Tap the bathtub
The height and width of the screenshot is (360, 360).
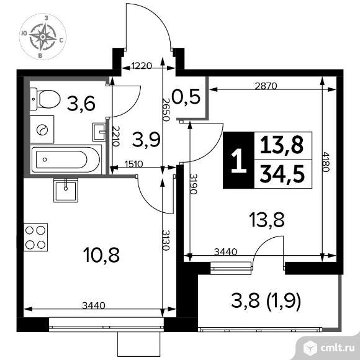(x=66, y=160)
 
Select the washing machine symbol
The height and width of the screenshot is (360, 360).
(x=42, y=130)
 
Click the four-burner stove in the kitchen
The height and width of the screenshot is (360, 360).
(x=35, y=237)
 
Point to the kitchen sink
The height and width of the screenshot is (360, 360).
(x=66, y=190)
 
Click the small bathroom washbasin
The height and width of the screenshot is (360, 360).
(x=99, y=132)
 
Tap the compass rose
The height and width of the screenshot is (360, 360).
(x=43, y=37)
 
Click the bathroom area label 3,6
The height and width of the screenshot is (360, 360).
(x=81, y=104)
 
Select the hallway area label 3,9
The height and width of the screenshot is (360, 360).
(x=146, y=140)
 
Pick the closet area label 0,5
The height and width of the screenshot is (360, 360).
(x=186, y=97)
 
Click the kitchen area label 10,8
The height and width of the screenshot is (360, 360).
(x=101, y=255)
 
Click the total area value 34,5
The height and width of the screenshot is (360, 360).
(x=282, y=174)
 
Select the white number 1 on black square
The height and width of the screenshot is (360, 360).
(x=239, y=160)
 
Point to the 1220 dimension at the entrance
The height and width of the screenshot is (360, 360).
(x=142, y=66)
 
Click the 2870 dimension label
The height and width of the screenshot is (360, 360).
(x=266, y=86)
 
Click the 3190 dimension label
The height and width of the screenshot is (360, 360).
(x=193, y=184)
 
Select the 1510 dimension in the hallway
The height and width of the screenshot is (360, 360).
(x=134, y=164)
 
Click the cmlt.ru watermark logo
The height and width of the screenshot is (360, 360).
(x=329, y=348)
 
